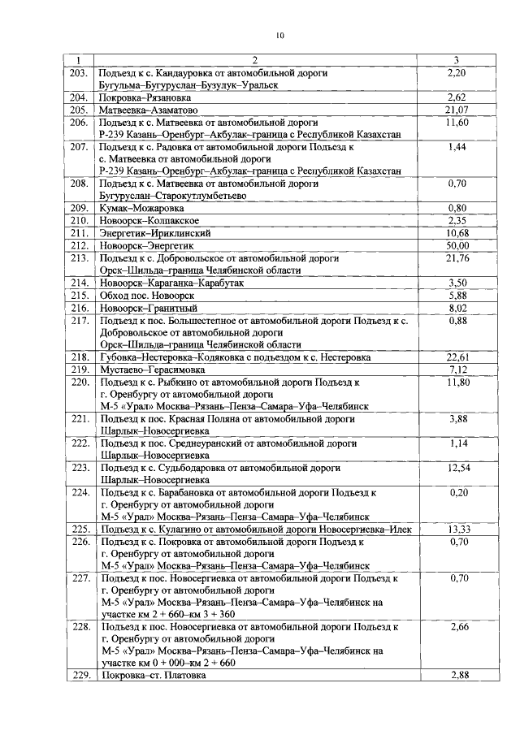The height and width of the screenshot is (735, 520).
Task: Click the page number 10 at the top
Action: [x=279, y=35]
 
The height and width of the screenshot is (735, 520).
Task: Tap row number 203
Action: [x=79, y=73]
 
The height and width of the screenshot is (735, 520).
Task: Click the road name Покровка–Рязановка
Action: [x=142, y=97]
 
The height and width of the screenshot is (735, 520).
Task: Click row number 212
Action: [x=79, y=245]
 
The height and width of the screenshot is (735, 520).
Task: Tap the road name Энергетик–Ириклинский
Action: [x=154, y=233]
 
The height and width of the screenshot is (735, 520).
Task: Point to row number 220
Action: [x=79, y=381]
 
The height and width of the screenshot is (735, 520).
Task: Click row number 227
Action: [x=79, y=578]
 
